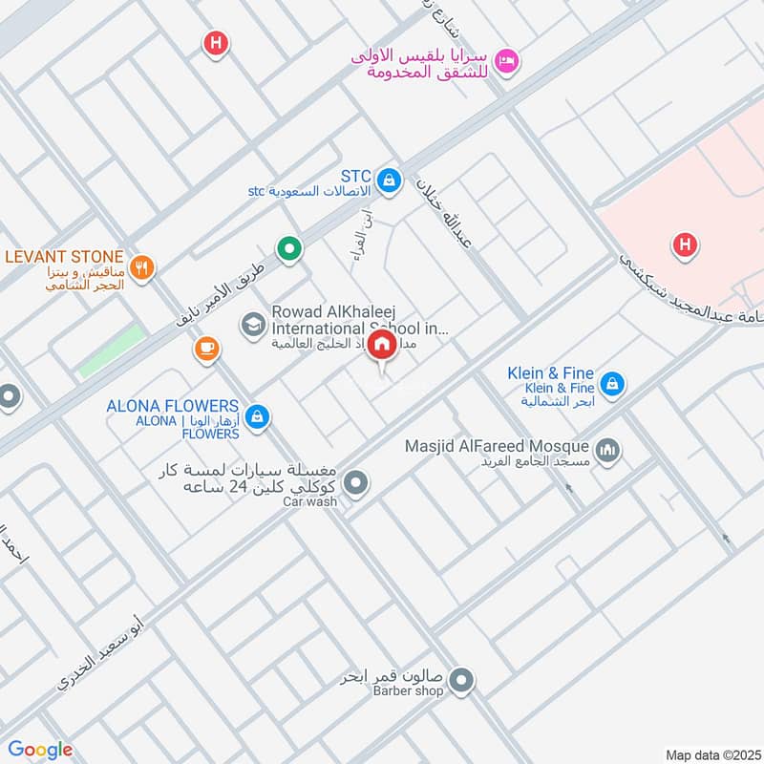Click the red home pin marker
tap(382, 345)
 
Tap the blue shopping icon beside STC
tap(389, 179)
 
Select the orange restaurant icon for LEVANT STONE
tap(142, 267)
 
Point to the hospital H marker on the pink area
tap(684, 245)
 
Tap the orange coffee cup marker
tap(206, 350)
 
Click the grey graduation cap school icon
tap(253, 324)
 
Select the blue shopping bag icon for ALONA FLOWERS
tap(256, 416)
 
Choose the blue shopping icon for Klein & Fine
tap(614, 385)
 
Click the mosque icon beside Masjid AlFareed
tap(607, 449)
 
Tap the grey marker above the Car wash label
tap(356, 483)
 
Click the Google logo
tap(40, 750)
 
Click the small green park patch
tap(111, 351)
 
